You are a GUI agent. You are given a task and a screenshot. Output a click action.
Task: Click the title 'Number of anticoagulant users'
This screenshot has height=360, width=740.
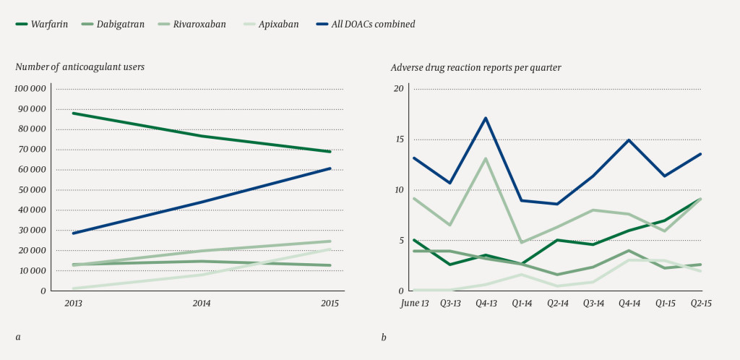[x=80, y=67]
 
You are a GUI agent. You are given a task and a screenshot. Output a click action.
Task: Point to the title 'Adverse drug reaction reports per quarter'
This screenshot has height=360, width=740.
[x=476, y=67]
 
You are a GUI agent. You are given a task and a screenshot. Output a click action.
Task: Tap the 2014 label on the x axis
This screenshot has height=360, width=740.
[x=202, y=304]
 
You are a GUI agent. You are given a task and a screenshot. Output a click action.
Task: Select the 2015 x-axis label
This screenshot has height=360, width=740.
[x=329, y=304]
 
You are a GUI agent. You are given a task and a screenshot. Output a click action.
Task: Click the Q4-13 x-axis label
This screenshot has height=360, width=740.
[x=486, y=304]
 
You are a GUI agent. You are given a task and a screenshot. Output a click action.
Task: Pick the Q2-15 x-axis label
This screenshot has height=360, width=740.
[x=700, y=304]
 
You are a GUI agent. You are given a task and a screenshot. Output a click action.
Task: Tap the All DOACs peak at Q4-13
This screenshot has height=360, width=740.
[x=486, y=117]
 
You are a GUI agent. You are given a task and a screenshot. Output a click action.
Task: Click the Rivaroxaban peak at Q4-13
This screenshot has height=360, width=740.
[x=486, y=158]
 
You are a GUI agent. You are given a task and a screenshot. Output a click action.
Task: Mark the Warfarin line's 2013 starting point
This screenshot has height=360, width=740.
[x=73, y=113]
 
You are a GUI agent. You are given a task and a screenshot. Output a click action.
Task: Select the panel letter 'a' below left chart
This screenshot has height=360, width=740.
[x=17, y=337]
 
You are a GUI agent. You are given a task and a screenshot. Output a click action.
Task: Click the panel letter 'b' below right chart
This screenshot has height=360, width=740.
[x=384, y=337]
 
